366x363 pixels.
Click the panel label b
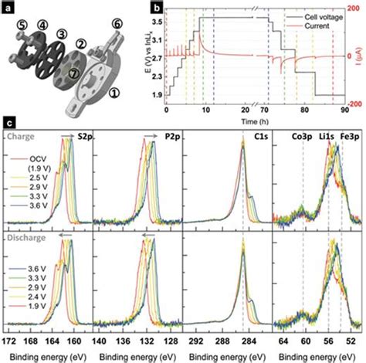[158, 6]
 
